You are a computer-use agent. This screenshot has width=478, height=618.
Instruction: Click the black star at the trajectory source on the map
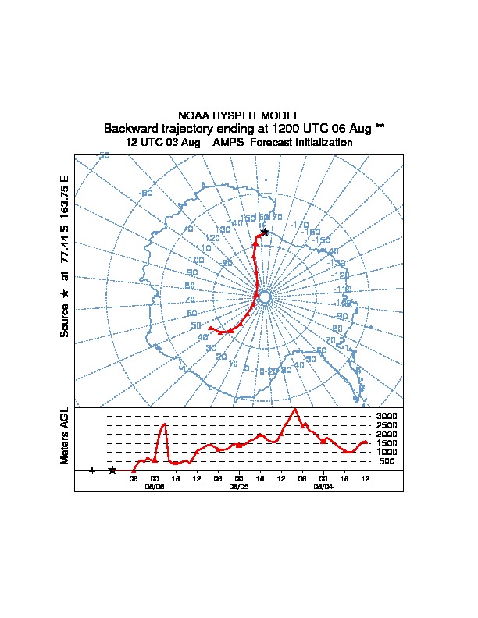(265, 232)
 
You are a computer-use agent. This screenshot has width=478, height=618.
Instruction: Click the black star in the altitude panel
(112, 470)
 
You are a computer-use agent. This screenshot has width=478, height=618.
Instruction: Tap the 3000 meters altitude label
(387, 416)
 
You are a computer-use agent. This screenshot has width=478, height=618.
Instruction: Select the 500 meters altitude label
(387, 461)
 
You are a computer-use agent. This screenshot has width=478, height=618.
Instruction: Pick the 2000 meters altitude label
(387, 434)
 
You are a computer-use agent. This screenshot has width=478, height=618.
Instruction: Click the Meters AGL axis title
(65, 435)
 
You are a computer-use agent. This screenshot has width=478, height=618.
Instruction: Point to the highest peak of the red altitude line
(294, 409)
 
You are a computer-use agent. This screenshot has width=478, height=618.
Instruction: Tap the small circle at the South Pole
(264, 297)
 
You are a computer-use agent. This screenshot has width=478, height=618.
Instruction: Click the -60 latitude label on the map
(145, 193)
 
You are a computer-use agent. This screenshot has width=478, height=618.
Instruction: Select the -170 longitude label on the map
(300, 226)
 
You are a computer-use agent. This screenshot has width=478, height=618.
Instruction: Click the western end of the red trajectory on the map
(211, 329)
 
